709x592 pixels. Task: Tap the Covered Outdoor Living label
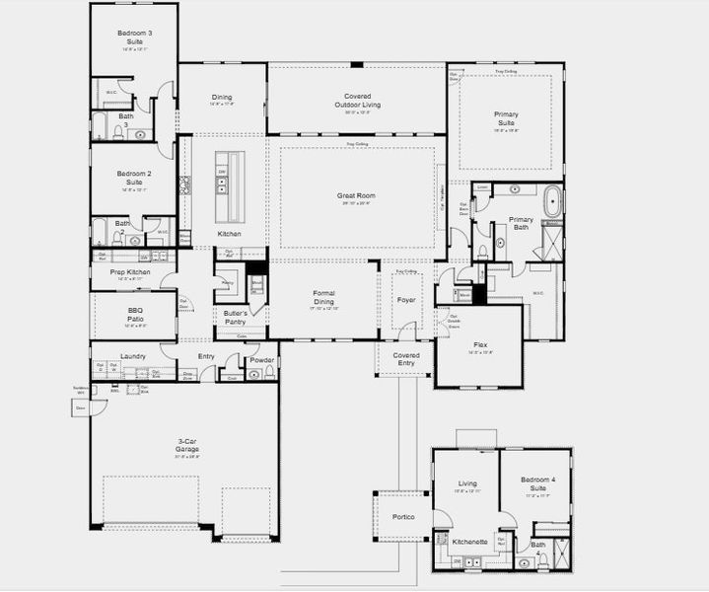click(x=356, y=100)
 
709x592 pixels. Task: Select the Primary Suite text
click(x=506, y=118)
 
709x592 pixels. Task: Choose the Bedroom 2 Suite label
click(x=134, y=178)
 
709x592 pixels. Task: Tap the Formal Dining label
click(x=324, y=297)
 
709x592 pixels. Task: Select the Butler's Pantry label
click(x=235, y=317)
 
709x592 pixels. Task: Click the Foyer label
click(x=405, y=299)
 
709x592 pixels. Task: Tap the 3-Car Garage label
click(x=187, y=445)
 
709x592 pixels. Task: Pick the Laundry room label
click(x=133, y=356)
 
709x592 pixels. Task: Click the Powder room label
click(x=261, y=360)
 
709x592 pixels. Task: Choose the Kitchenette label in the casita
click(x=468, y=542)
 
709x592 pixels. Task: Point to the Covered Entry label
click(x=405, y=359)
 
